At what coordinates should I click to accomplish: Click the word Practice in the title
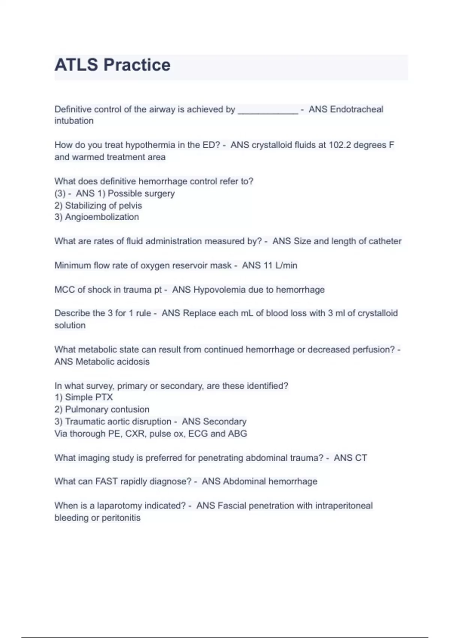137,65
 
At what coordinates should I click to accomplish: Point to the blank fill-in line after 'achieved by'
268,110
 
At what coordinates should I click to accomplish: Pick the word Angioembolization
102,217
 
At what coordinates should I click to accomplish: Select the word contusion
130,409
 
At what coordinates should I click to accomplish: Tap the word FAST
106,482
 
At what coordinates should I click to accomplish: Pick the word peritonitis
121,518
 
